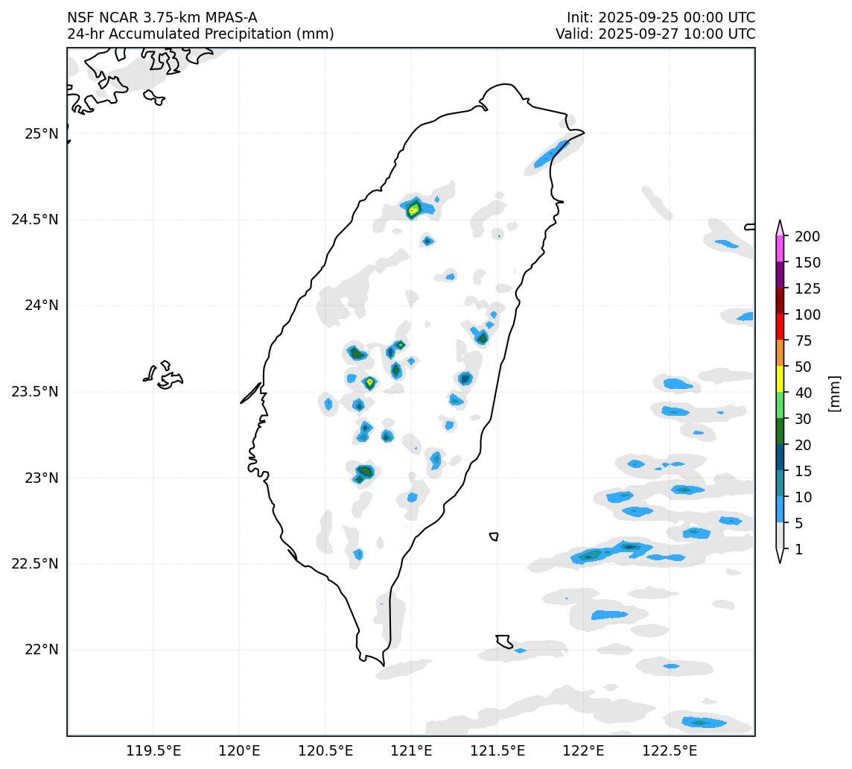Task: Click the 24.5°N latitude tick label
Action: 34,220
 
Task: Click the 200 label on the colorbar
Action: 807,237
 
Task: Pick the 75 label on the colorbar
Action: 804,341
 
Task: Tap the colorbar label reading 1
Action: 798,550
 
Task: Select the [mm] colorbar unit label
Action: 834,393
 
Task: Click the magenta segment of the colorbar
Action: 780,248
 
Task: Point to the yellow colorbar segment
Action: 780,379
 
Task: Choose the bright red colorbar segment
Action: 780,326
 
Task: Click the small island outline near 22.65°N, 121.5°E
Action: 494,537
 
